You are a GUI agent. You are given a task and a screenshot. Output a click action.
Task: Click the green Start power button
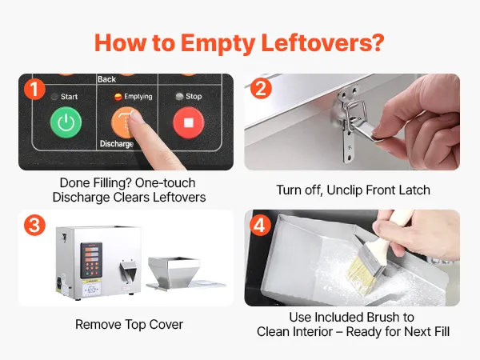(x=66, y=122)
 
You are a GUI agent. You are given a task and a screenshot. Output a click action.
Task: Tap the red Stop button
(x=189, y=122)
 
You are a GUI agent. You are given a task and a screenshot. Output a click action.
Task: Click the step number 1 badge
(x=34, y=89)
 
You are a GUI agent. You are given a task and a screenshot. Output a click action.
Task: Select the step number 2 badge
(x=261, y=89)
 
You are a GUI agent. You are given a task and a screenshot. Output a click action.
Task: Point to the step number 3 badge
(x=34, y=226)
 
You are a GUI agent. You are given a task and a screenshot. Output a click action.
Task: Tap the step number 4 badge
(x=260, y=226)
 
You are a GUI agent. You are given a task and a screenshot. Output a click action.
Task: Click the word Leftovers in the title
(x=322, y=43)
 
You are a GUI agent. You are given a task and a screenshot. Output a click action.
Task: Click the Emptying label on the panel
(x=138, y=97)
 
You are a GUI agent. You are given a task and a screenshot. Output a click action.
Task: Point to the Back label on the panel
(x=106, y=79)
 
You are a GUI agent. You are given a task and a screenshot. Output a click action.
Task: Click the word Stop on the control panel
(x=194, y=97)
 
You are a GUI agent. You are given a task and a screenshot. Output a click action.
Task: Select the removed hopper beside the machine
(x=174, y=273)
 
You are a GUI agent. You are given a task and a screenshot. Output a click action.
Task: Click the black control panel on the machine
(x=91, y=260)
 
